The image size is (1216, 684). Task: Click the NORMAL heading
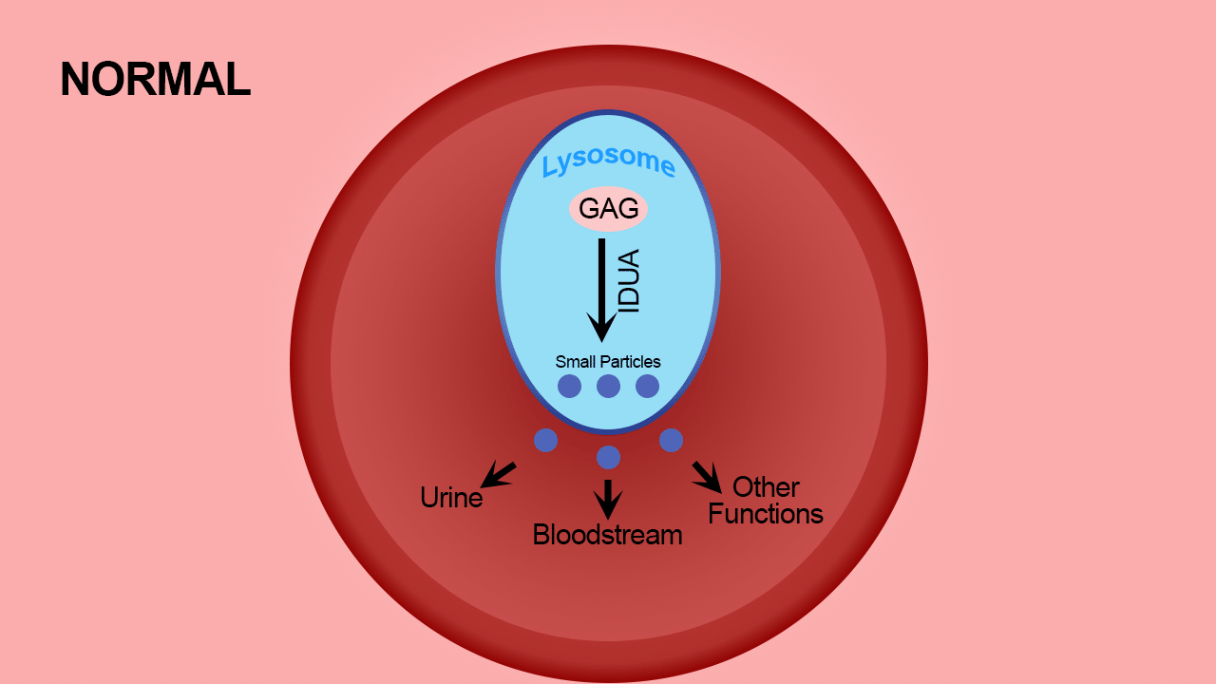155,79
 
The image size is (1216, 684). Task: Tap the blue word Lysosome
609,161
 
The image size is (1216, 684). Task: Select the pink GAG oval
608,208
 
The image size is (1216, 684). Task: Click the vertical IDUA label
629,280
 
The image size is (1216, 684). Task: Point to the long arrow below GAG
601,291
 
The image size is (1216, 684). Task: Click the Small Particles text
608,362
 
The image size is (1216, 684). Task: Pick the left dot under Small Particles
569,386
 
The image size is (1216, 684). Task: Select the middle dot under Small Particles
609,386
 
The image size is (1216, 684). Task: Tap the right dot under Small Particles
648,386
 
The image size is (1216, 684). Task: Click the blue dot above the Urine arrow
545,440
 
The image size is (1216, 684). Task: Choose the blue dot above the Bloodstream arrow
609,458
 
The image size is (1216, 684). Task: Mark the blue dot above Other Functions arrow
672,440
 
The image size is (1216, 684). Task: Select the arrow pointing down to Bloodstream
608,500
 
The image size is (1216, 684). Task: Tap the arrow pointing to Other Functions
707,477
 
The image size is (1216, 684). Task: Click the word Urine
451,497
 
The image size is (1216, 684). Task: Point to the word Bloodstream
607,535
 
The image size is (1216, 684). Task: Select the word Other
766,487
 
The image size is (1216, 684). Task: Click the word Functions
766,514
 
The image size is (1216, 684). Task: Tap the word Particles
630,362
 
